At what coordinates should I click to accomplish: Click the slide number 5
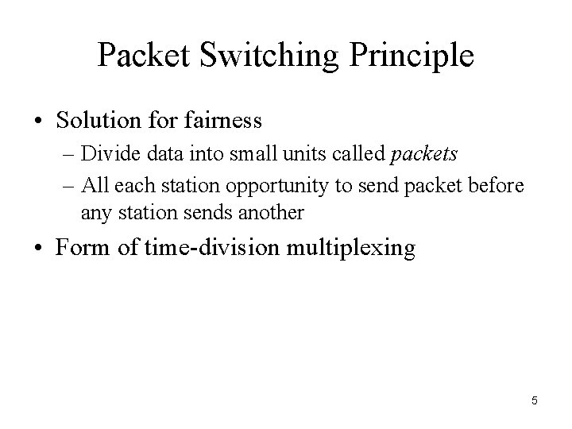click(x=535, y=400)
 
